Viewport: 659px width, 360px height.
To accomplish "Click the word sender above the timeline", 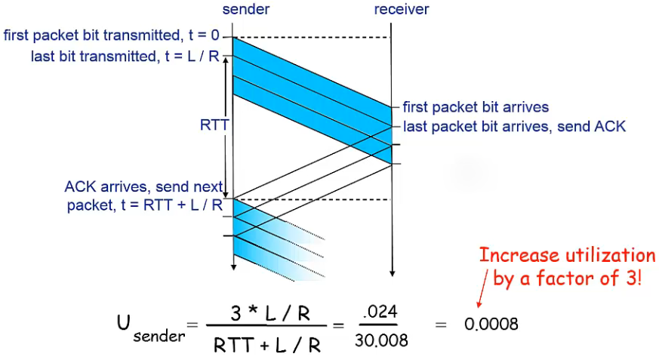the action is [x=246, y=9].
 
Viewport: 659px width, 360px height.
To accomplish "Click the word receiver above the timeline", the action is [x=402, y=9].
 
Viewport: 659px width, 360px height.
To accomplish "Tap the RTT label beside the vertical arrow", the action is [x=214, y=125].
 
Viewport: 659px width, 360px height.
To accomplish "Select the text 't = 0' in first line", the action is [x=204, y=35].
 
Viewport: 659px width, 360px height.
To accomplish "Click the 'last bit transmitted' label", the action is [x=95, y=57].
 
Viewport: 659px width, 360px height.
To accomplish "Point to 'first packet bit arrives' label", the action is [x=476, y=107].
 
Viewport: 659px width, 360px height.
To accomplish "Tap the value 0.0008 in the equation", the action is [x=491, y=325].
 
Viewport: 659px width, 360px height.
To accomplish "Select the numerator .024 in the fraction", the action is [x=380, y=312].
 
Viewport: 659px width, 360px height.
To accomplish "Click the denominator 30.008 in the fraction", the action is [x=381, y=340].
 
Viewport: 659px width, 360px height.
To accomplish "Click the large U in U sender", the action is [x=125, y=322].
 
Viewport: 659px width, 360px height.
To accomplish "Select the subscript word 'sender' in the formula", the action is [x=159, y=337].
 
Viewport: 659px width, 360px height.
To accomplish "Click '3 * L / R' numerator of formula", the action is [x=270, y=313].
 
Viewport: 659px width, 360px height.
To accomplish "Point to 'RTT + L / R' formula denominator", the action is [x=267, y=346].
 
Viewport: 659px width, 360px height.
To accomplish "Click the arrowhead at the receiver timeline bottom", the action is [x=392, y=273].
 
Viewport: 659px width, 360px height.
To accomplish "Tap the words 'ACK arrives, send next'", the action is [x=143, y=187].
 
